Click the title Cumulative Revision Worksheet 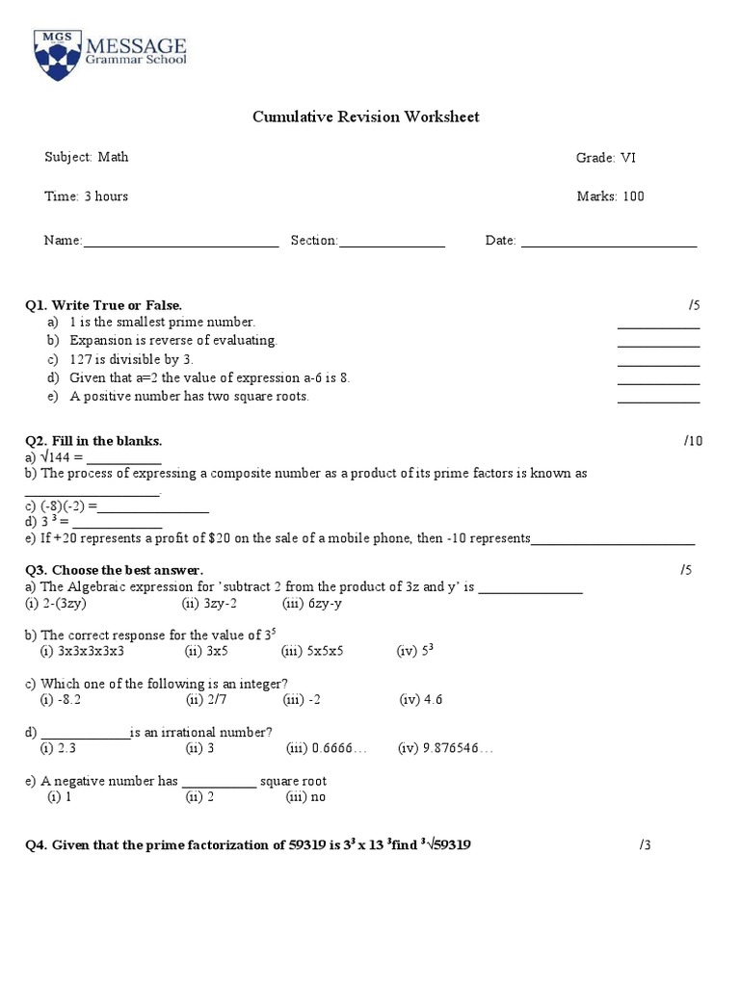point(365,117)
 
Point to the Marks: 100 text point(610,196)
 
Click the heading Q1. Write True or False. point(103,305)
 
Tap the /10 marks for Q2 point(694,441)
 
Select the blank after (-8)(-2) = point(153,509)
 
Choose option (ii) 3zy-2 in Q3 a point(210,603)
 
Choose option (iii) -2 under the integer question point(303,700)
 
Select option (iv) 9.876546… point(444,748)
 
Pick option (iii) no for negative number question point(305,797)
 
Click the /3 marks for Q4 point(645,845)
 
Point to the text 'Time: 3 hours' point(86,196)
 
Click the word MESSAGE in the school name point(138,44)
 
